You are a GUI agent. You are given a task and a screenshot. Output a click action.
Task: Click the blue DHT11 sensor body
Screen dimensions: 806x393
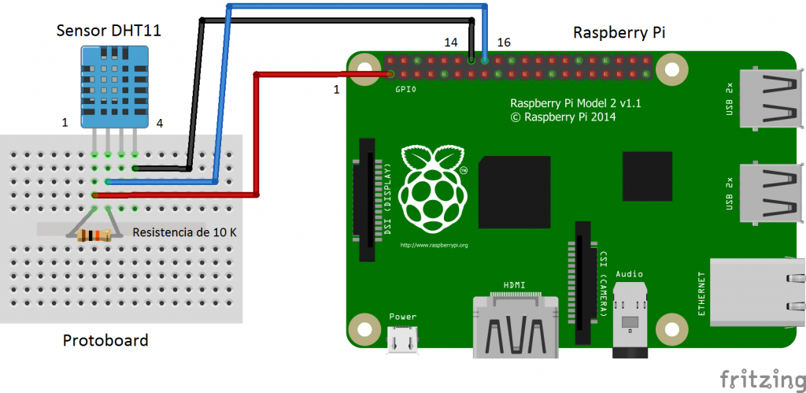tap(115, 87)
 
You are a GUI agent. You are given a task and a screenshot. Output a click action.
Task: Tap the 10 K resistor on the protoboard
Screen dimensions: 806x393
tap(94, 235)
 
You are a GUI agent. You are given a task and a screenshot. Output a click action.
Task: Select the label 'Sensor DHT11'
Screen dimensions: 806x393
tap(109, 31)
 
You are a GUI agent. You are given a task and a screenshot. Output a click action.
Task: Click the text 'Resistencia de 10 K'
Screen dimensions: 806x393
tap(184, 232)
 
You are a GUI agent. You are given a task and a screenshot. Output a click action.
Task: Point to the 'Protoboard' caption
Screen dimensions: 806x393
tap(105, 340)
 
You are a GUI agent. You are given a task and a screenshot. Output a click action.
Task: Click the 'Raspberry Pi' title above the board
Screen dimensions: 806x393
tap(619, 33)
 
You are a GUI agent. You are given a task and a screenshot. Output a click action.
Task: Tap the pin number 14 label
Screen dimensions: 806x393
tap(451, 43)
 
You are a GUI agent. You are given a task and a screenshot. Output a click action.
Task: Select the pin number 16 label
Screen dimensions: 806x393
tap(504, 43)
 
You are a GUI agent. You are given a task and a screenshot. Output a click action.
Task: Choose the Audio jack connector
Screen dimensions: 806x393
tap(629, 319)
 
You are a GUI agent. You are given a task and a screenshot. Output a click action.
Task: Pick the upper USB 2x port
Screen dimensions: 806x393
tap(771, 98)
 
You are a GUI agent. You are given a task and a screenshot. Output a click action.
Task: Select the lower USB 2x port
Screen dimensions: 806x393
tap(771, 192)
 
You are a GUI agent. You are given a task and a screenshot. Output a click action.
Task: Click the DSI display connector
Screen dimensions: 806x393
tap(367, 199)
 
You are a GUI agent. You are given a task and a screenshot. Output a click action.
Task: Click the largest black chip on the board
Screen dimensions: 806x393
tap(514, 192)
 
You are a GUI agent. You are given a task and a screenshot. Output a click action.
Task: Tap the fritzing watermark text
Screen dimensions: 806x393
tap(762, 378)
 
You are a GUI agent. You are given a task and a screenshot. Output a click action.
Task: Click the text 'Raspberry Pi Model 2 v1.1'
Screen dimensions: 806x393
tap(575, 104)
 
